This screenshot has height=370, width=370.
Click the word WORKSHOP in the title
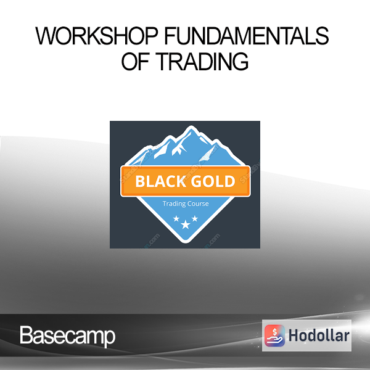(96, 36)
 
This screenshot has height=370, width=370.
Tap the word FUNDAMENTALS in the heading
(247, 36)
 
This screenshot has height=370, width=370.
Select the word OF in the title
(135, 62)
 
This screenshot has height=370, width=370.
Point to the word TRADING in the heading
(202, 62)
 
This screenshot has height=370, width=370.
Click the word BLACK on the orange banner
(160, 181)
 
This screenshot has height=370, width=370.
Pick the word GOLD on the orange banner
(213, 181)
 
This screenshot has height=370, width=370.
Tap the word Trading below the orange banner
(172, 203)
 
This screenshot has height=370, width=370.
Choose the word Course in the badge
(196, 203)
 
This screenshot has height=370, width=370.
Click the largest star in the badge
(186, 224)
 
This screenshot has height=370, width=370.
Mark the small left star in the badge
(176, 219)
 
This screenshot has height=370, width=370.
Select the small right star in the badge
(195, 218)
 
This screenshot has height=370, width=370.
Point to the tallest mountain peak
(191, 128)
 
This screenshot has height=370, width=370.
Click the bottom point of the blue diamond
(186, 242)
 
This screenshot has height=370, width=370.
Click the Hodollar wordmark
(319, 335)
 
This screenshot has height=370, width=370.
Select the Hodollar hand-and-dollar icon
(274, 335)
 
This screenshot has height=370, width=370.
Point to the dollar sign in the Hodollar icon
(274, 332)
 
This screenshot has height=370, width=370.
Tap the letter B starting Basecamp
(26, 335)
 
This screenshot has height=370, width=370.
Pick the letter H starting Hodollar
(294, 335)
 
